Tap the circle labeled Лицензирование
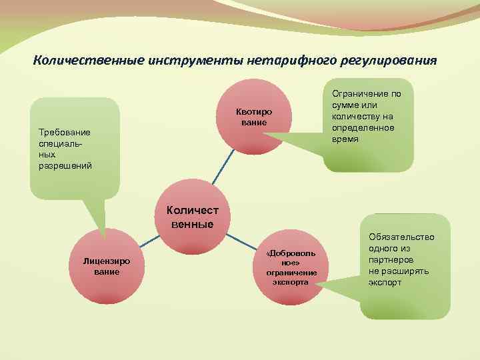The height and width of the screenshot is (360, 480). click(x=107, y=267)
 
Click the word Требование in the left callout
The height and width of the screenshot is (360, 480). click(x=65, y=132)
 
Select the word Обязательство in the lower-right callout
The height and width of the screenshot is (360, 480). click(x=401, y=237)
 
